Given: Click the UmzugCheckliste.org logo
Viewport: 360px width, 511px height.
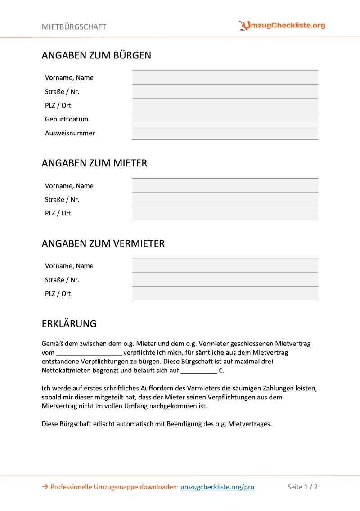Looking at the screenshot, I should (282, 26).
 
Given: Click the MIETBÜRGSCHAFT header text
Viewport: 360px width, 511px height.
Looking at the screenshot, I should (74, 27).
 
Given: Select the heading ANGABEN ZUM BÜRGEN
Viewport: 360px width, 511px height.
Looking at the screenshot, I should (96, 55).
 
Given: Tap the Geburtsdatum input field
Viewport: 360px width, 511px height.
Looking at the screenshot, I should (225, 119).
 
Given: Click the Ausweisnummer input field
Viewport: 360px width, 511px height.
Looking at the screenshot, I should (225, 133).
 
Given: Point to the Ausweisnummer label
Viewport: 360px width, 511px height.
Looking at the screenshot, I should (70, 133).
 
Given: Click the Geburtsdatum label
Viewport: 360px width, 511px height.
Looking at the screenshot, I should (67, 119).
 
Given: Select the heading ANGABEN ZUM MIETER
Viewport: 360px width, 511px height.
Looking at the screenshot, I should (94, 163).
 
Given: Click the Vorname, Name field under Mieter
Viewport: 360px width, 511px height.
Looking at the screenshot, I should (225, 186).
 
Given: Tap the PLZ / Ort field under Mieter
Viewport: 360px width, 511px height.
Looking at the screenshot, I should (225, 213).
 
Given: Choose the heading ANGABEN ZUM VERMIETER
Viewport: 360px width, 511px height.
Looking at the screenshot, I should (103, 243).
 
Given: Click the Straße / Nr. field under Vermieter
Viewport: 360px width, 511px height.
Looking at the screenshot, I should (225, 280).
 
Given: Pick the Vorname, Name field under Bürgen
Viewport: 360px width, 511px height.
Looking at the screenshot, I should (225, 78).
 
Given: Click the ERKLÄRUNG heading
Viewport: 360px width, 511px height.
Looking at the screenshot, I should (69, 324).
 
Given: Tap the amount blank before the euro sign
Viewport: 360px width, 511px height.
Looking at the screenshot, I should (198, 371).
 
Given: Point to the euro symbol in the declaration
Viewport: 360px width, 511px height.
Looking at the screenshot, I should (221, 371).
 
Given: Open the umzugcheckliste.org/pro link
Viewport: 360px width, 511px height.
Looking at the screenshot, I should (217, 487).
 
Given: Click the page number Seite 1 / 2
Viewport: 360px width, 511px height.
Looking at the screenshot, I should (303, 487).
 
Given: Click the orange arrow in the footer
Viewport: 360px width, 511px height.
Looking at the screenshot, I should (45, 487).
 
